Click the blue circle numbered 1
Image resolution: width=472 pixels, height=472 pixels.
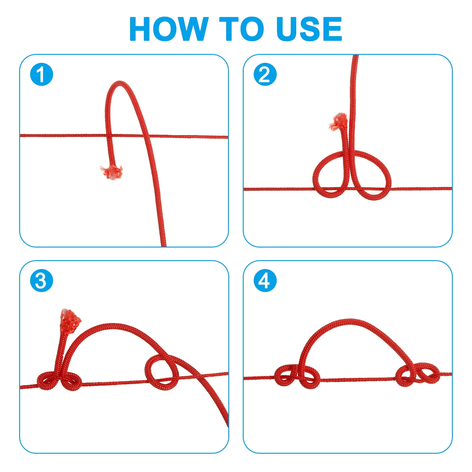coord(42,74)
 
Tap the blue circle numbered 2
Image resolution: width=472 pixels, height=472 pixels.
coord(265,74)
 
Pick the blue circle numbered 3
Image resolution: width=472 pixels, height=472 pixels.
coord(42,281)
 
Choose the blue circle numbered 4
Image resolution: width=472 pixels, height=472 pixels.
coord(265,281)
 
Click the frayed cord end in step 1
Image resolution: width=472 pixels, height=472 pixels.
coord(112,172)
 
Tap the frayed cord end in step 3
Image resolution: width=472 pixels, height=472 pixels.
coord(70,317)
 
